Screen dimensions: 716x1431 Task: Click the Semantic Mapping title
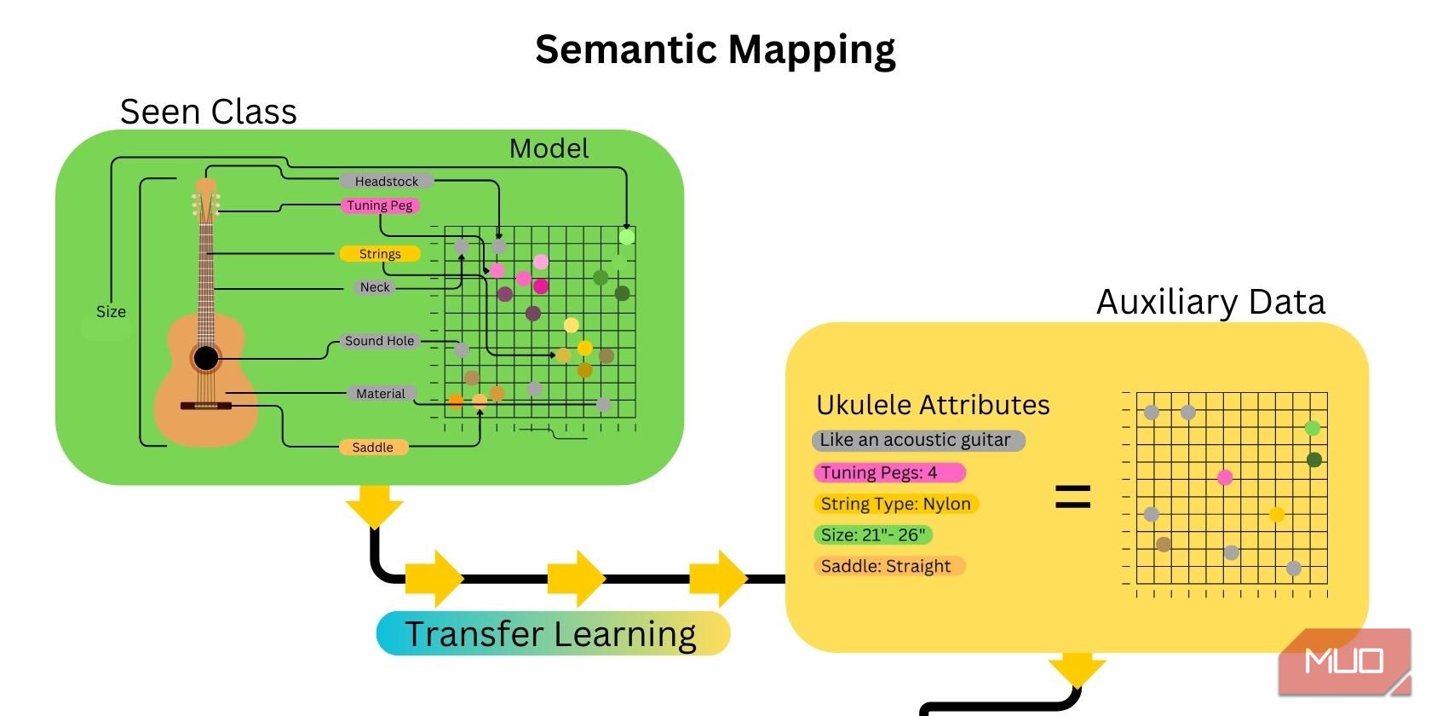click(715, 49)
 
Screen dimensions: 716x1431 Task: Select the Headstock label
click(386, 182)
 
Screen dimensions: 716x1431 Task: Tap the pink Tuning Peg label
click(380, 205)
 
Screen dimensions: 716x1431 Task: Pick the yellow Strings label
click(380, 254)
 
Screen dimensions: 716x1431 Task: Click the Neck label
click(375, 287)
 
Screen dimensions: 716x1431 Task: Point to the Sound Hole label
click(379, 341)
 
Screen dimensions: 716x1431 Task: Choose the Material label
click(380, 394)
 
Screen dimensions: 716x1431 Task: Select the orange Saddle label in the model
click(373, 447)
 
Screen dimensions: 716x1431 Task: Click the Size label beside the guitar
click(111, 312)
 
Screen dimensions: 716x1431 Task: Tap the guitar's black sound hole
click(205, 358)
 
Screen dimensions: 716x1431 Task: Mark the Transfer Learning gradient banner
click(553, 634)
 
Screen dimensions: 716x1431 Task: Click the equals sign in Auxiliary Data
click(1072, 496)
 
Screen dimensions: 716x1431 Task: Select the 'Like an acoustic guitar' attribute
click(917, 441)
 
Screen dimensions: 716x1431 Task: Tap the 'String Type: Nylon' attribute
click(895, 504)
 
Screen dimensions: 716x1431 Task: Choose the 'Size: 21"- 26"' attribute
click(872, 535)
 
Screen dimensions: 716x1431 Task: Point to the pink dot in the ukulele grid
click(1225, 477)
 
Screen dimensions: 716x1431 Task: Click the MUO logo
click(1343, 662)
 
